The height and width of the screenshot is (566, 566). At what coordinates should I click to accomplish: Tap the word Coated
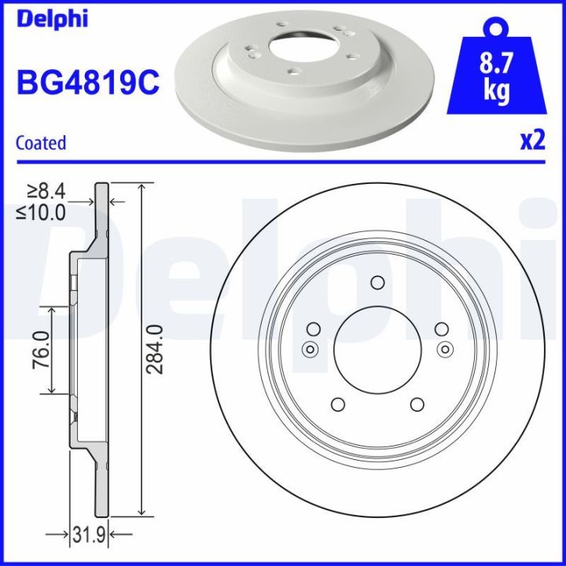tap(41, 142)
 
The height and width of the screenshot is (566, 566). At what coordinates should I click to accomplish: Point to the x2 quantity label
tap(532, 141)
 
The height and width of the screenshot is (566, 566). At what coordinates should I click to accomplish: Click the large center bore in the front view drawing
tap(377, 350)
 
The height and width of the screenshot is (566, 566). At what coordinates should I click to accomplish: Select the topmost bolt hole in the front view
tap(377, 284)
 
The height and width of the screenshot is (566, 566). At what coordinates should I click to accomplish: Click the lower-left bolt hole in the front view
tap(338, 404)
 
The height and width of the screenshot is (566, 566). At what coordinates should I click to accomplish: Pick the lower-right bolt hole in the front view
tap(416, 404)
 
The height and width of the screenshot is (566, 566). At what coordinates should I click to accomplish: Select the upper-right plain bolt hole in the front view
tap(441, 329)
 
